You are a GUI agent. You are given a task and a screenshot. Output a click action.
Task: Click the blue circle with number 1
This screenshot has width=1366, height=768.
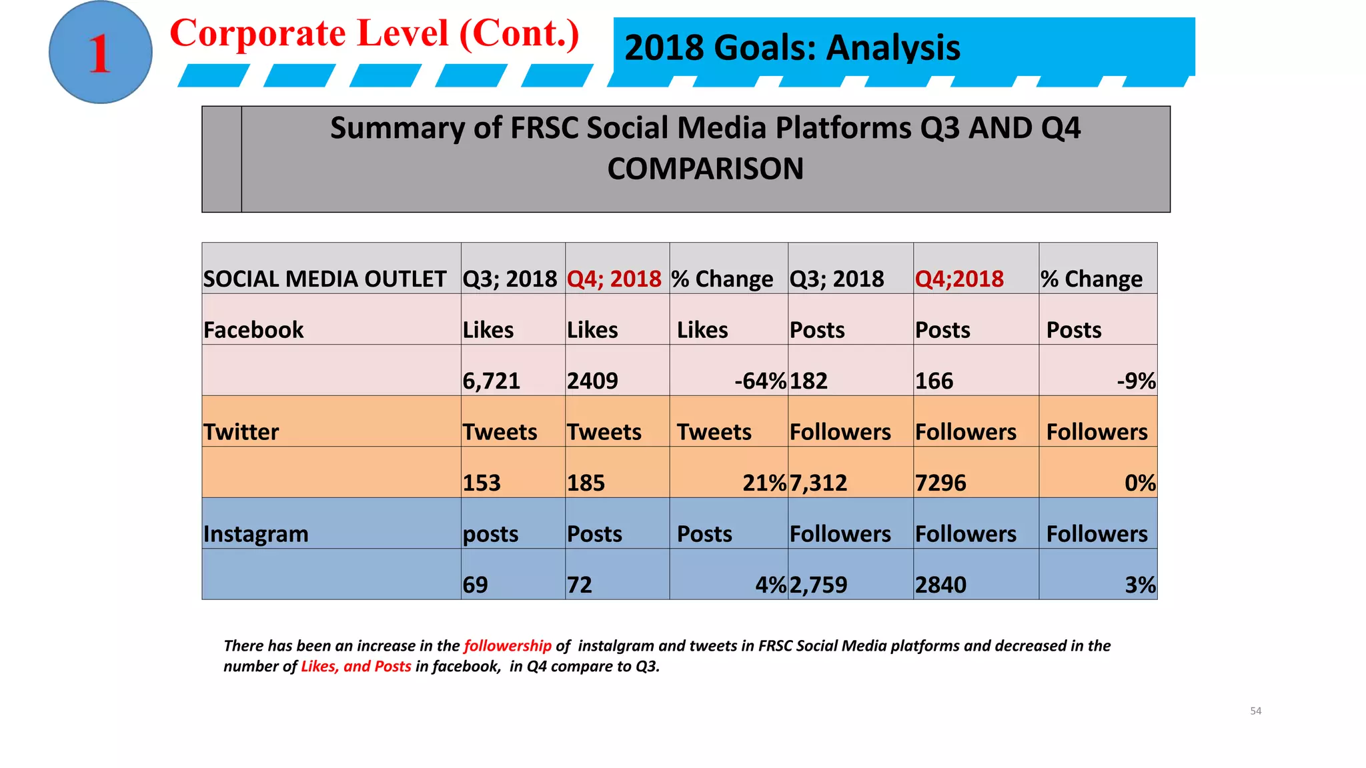pos(100,52)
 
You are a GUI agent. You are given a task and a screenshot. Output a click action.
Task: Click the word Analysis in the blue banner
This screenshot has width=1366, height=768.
pos(893,48)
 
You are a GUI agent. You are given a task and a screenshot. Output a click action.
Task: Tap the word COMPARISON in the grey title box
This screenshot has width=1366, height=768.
pos(705,169)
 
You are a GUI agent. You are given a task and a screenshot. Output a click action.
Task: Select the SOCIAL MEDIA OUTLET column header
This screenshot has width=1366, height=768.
pos(325,279)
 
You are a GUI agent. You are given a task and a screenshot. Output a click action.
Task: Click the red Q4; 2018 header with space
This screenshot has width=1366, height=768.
pos(614,279)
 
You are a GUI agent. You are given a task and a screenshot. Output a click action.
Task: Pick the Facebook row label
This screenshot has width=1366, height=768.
pos(253,330)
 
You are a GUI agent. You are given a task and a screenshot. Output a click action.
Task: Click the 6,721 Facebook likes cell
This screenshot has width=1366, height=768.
pos(492,381)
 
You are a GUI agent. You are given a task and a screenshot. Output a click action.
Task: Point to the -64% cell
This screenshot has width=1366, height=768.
pos(760,381)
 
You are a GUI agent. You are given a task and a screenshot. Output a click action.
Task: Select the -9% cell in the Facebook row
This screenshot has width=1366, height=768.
pos(1136,381)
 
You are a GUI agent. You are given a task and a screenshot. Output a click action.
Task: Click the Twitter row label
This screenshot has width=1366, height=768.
pos(241,432)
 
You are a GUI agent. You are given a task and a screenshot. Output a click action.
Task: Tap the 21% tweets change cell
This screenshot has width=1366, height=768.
pos(764,483)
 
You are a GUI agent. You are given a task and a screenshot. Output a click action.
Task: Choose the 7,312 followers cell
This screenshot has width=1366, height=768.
pos(818,483)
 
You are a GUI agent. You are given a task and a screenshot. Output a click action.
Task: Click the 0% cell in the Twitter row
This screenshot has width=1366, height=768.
pos(1139,483)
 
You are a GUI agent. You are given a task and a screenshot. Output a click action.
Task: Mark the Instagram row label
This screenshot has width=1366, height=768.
pos(256,534)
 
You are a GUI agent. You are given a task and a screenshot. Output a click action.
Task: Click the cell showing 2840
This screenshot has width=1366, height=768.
pos(940,585)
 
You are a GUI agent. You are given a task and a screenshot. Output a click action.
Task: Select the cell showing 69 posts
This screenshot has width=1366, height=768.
pos(476,585)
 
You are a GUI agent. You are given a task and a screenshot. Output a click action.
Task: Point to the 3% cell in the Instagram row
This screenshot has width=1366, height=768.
pos(1140,585)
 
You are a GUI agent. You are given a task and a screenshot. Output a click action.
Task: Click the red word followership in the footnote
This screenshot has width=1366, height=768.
pos(508,645)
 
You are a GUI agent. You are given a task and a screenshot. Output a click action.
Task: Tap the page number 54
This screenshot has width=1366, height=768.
pos(1255,711)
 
